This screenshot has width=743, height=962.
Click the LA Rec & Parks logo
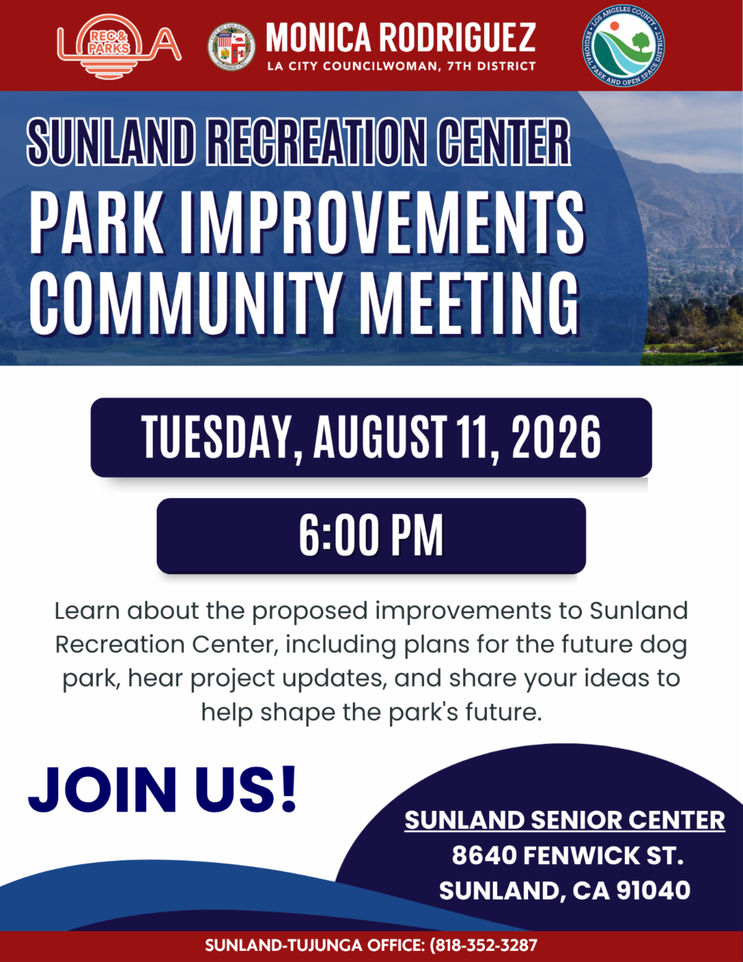tap(119, 46)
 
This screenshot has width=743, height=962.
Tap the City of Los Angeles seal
tap(232, 47)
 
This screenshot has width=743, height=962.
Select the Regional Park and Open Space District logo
tap(623, 46)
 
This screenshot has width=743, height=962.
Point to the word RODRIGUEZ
tap(458, 38)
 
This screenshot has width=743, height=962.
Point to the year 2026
tap(556, 437)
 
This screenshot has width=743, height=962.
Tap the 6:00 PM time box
tap(371, 536)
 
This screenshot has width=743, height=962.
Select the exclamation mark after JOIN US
tap(289, 789)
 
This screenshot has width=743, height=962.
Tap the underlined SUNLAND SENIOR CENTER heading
tap(565, 820)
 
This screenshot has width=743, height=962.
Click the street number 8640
tap(484, 855)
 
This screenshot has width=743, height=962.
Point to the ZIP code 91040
tap(653, 890)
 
